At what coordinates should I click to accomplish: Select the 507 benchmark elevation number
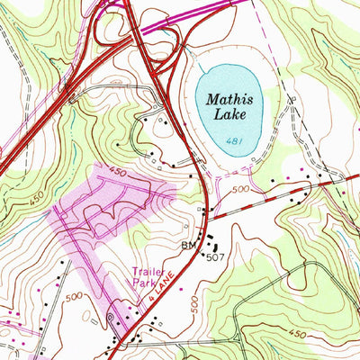click(213, 256)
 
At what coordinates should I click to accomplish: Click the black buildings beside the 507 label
click(213, 241)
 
